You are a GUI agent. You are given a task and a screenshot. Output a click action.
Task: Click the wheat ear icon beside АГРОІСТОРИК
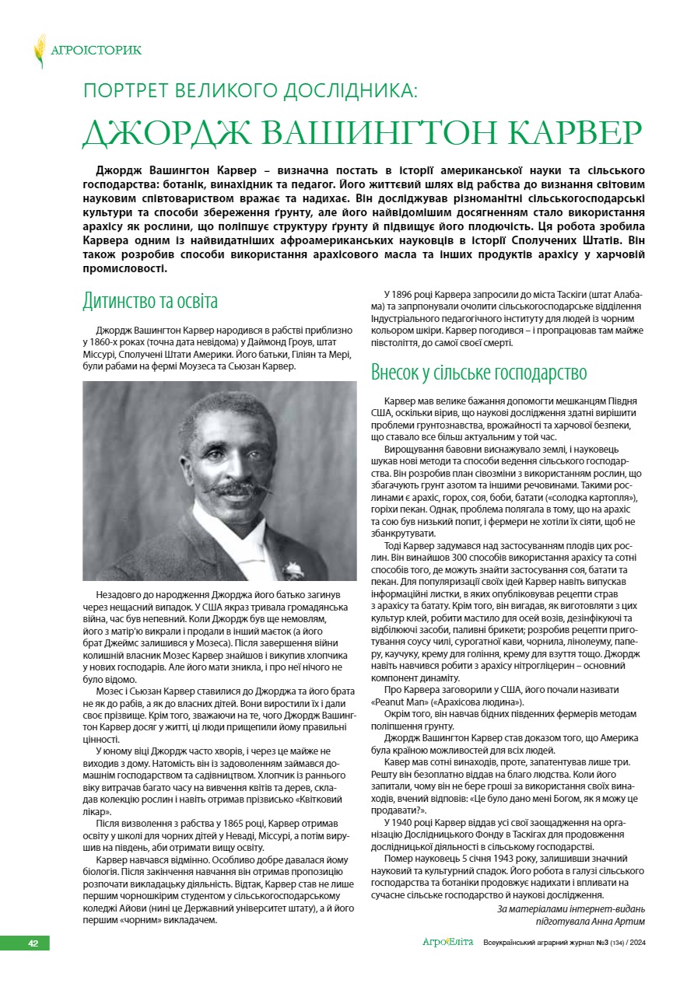[x=39, y=51]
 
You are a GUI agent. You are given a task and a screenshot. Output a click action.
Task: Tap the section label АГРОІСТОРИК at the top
[x=96, y=51]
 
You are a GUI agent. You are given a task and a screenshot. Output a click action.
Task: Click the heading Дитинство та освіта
[x=150, y=302]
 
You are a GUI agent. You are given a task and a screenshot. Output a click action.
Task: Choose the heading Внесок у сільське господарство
[x=478, y=372]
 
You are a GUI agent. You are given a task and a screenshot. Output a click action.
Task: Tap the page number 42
[x=33, y=943]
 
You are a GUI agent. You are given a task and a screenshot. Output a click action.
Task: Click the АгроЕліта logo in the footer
[x=447, y=943]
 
